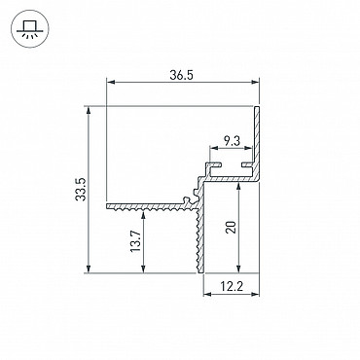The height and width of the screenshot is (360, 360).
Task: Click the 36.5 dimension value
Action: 181,76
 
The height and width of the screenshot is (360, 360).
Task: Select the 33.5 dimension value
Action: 81,190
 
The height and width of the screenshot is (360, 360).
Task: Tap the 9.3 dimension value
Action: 232,141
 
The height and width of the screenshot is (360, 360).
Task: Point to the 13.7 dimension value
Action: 136,241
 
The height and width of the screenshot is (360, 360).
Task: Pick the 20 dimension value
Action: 232,227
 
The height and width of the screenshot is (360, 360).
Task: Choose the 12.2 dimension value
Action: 232,286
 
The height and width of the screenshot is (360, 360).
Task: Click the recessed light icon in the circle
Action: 30,28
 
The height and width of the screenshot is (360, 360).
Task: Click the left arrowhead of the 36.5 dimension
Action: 111,83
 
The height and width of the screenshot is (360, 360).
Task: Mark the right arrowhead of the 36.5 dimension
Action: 255,83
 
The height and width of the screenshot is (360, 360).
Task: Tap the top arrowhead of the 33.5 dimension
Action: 89,110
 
